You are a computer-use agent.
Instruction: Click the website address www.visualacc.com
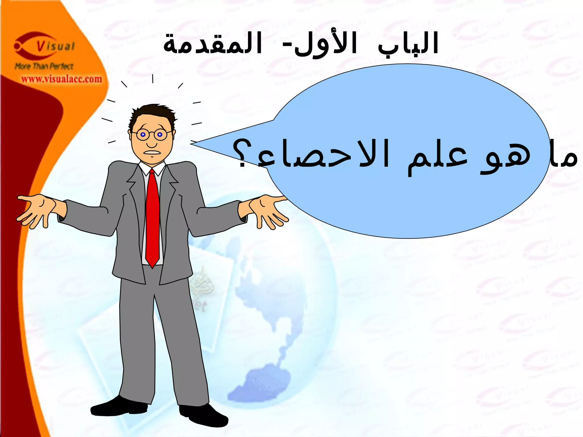click(x=61, y=79)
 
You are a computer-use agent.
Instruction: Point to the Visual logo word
click(x=56, y=46)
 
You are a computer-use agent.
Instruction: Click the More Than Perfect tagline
click(x=44, y=67)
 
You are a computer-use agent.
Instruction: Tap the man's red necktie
click(x=153, y=216)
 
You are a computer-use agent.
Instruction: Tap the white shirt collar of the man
click(x=151, y=168)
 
